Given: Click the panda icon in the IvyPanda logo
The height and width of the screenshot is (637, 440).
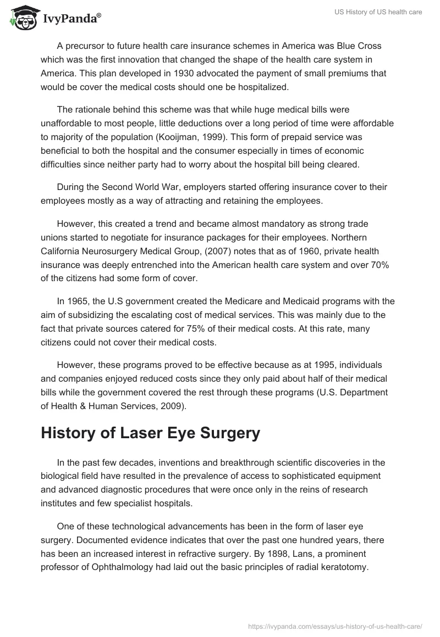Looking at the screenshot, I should tap(21, 18).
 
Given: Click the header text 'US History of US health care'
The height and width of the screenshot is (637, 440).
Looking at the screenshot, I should tap(377, 12).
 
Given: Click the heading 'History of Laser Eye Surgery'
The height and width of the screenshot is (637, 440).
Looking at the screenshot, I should tap(150, 433).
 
